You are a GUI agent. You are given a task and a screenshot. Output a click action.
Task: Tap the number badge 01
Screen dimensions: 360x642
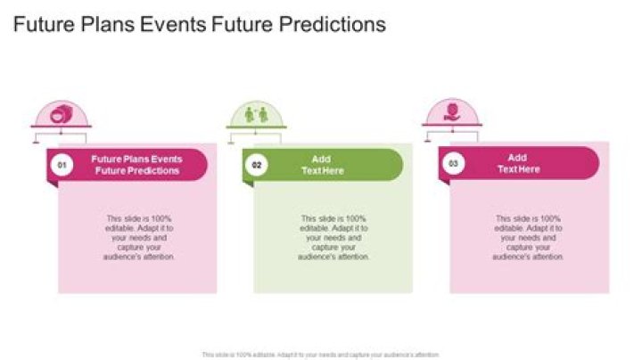(x=61, y=164)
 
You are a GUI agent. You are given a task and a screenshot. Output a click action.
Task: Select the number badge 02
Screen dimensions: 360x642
(x=257, y=164)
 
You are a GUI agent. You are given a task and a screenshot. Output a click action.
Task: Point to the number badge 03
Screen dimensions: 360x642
(x=453, y=164)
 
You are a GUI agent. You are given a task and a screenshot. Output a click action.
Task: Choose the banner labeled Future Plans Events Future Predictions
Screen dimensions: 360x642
(x=136, y=165)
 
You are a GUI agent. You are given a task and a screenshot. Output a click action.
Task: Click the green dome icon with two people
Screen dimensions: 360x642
(x=256, y=116)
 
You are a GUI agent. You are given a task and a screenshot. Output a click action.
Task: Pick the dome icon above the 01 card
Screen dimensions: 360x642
(x=61, y=116)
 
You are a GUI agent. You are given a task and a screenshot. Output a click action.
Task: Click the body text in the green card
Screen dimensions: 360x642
(x=333, y=237)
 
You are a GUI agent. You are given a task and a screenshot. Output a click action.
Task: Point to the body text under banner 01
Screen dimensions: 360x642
(x=137, y=237)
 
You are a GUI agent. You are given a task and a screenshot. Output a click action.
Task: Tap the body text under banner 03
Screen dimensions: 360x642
(x=528, y=237)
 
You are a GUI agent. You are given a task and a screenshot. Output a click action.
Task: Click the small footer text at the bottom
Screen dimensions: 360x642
(x=321, y=354)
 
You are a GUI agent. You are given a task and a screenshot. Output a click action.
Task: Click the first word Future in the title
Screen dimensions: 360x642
(x=43, y=24)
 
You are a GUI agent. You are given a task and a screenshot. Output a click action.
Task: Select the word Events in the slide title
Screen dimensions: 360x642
(x=175, y=24)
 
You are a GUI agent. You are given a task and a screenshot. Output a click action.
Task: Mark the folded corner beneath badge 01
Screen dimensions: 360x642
(x=52, y=184)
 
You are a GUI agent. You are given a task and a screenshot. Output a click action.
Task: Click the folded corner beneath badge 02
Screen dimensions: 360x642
(x=248, y=184)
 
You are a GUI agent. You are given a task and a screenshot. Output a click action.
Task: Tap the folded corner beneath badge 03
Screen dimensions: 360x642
(x=444, y=184)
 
